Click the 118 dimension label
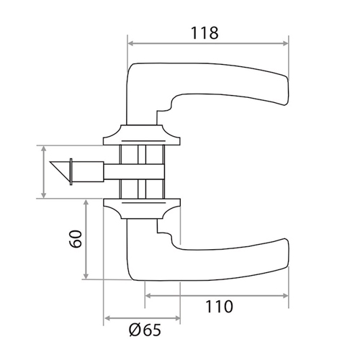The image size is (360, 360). point(204,33)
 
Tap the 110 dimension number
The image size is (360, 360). point(219,307)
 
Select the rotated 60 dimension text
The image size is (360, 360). point(76,239)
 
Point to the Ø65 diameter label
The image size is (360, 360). point(145,330)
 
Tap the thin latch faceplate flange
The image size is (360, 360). point(71,172)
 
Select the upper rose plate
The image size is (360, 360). point(142,135)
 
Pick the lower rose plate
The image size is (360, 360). point(142,209)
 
